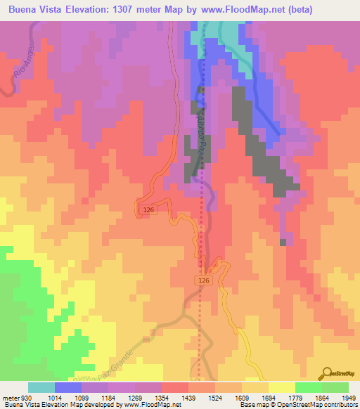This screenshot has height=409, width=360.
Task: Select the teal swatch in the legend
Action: pyautogui.click(x=41, y=387)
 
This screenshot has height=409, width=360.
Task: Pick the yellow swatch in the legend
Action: pyautogui.click(x=281, y=387)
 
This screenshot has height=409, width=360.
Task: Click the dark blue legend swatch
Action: pyautogui.click(x=67, y=387)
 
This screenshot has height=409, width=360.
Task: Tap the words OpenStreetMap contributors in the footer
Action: pyautogui.click(x=320, y=405)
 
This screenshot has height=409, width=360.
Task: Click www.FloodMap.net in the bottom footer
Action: pyautogui.click(x=141, y=405)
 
